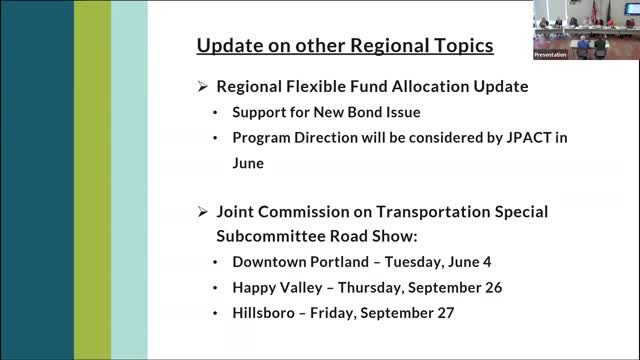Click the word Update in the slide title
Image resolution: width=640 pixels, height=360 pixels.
pos(225,46)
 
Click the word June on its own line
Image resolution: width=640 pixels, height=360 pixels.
pos(252,159)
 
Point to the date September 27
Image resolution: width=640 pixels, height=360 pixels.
pos(411,313)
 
